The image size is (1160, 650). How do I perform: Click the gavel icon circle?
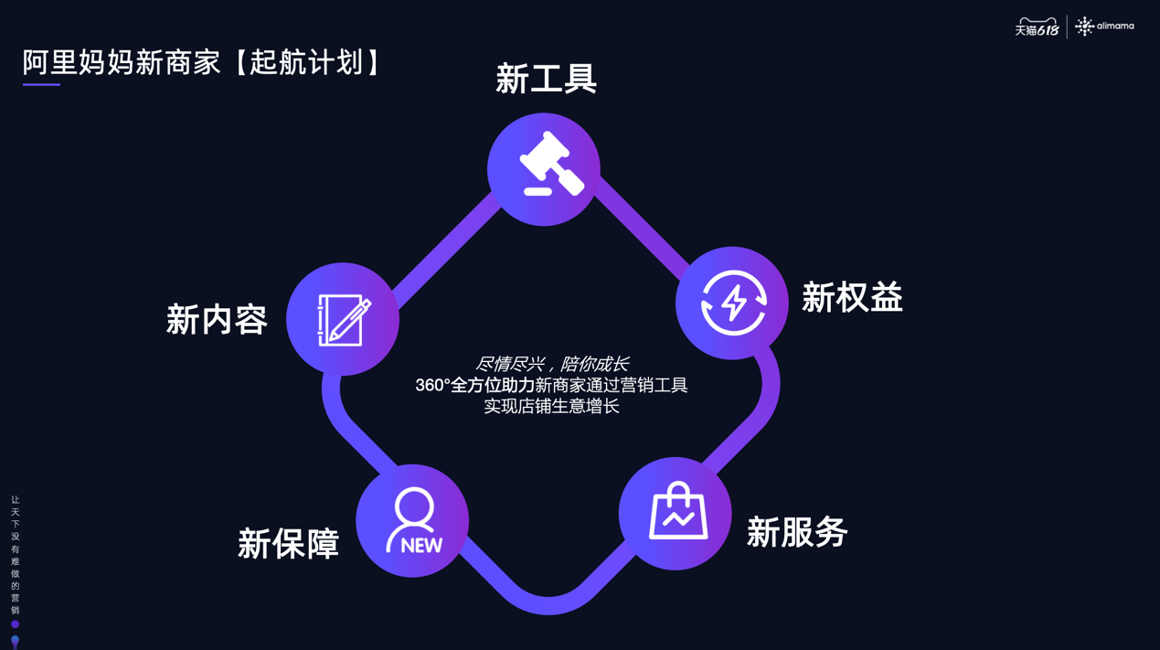(544, 169)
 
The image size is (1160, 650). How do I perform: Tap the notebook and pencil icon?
(344, 320)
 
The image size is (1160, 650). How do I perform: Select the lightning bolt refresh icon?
(733, 303)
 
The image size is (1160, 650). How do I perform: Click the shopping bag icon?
(678, 511)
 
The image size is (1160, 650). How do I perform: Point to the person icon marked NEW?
(413, 521)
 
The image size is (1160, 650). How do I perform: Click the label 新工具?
(546, 79)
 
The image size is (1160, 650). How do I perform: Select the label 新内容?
(217, 320)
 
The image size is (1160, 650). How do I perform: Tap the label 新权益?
(852, 297)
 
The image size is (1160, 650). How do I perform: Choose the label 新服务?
(797, 532)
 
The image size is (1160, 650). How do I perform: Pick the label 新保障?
(288, 543)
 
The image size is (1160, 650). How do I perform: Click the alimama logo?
(1104, 26)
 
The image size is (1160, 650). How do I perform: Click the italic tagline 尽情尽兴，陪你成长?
(552, 364)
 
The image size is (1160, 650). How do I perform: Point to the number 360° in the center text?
(433, 386)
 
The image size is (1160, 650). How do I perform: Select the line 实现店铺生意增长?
(551, 406)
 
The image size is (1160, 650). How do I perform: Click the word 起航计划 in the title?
(306, 63)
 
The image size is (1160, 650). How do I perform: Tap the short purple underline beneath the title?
(41, 84)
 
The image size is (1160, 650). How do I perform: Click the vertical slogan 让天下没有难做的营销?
(16, 555)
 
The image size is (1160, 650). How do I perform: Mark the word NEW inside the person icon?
(421, 546)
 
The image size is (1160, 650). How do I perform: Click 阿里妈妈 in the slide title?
(79, 63)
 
